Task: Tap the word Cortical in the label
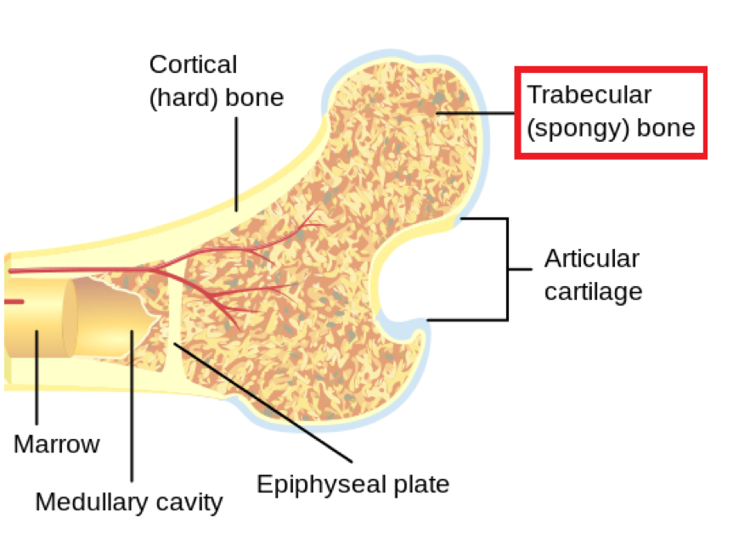(193, 65)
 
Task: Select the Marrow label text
(56, 443)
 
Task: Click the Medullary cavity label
(128, 502)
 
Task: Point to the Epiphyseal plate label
(353, 485)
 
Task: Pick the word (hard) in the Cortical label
(183, 98)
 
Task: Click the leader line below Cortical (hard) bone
(237, 161)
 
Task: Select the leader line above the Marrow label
(37, 382)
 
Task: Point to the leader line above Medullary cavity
(132, 408)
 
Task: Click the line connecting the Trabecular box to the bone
(480, 112)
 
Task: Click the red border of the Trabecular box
(611, 70)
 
